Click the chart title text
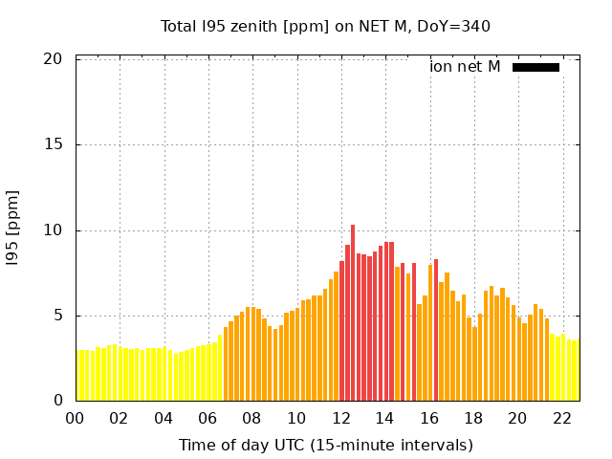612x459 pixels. pyautogui.click(x=325, y=26)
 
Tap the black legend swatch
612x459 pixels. pyautogui.click(x=535, y=67)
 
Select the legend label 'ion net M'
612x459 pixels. pyautogui.click(x=465, y=67)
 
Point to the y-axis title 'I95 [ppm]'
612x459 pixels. pyautogui.click(x=13, y=229)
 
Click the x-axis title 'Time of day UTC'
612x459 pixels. pyautogui.click(x=325, y=445)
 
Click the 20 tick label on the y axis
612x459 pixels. pyautogui.click(x=54, y=59)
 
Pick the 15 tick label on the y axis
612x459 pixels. pyautogui.click(x=54, y=144)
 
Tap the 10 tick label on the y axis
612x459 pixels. pyautogui.click(x=54, y=230)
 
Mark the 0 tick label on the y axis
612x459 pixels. pyautogui.click(x=57, y=401)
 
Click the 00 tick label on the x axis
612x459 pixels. pyautogui.click(x=75, y=418)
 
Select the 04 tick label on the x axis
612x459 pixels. pyautogui.click(x=164, y=418)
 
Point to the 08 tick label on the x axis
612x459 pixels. pyautogui.click(x=251, y=418)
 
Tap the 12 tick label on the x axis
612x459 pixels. pyautogui.click(x=340, y=418)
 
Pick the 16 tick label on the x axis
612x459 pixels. pyautogui.click(x=429, y=418)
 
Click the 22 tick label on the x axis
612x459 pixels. pyautogui.click(x=562, y=418)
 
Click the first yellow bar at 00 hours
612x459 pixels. pyautogui.click(x=78, y=376)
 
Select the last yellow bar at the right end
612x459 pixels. pyautogui.click(x=576, y=371)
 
